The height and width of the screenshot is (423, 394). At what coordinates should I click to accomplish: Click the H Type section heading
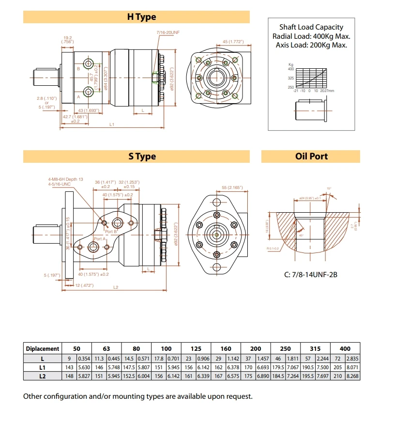click(141, 17)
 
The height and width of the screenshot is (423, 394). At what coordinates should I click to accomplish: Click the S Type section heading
click(142, 157)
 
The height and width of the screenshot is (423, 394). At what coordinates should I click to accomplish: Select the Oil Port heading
click(311, 157)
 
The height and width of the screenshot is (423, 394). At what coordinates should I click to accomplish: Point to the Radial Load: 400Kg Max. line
click(311, 36)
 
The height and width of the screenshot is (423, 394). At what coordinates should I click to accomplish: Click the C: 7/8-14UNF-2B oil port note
click(310, 275)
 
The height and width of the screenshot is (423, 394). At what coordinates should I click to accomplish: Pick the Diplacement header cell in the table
click(43, 348)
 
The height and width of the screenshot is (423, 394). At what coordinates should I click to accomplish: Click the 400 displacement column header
click(346, 348)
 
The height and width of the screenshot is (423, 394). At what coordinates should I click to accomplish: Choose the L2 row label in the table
click(43, 376)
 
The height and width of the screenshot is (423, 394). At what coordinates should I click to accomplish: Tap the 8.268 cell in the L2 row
click(353, 376)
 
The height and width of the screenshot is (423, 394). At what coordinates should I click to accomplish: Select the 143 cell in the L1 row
click(69, 367)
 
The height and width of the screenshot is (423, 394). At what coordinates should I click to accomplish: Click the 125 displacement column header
click(196, 348)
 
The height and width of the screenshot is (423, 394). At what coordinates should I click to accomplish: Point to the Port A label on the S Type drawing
click(100, 239)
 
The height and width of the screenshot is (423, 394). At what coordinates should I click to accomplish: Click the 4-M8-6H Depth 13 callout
click(65, 179)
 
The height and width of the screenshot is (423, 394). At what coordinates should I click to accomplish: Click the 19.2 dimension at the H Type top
click(67, 38)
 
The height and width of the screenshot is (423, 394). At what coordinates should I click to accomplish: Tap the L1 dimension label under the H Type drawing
click(111, 125)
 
